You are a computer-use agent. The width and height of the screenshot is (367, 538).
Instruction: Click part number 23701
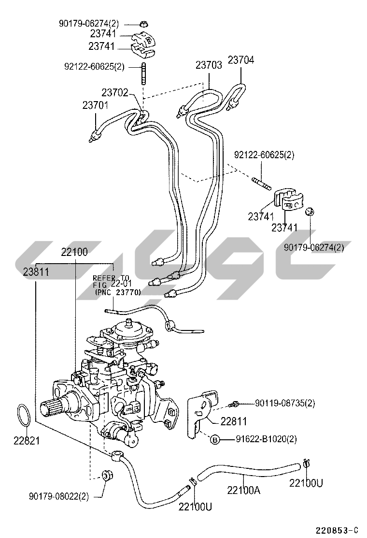(x=95, y=105)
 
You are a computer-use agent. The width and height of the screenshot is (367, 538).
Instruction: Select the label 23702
(x=114, y=92)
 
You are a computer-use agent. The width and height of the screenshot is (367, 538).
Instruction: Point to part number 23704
(x=240, y=60)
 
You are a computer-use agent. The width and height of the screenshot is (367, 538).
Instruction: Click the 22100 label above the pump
(x=74, y=252)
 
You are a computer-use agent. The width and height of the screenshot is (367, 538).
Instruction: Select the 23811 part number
(x=36, y=272)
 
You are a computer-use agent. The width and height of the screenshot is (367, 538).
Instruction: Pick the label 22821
(x=26, y=441)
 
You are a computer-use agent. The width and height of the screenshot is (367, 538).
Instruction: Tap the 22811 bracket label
(x=233, y=421)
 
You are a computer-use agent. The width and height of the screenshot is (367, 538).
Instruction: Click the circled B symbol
(x=215, y=439)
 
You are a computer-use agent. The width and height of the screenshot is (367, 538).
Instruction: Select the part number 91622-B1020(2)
(x=266, y=439)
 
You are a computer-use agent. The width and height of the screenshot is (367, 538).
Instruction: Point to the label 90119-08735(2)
(x=284, y=403)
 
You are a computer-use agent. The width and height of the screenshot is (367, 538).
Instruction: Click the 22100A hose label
(x=243, y=490)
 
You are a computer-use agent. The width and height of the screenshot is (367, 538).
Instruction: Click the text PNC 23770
(x=118, y=292)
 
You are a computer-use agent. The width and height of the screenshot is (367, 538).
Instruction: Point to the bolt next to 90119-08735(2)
(x=235, y=403)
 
